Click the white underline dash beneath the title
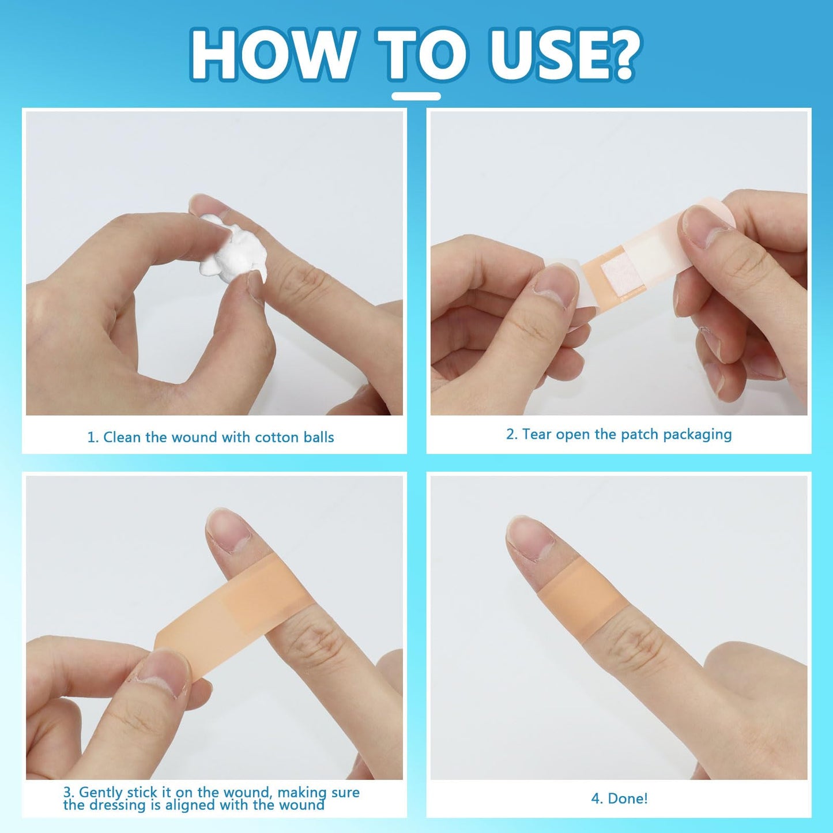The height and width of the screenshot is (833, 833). point(416,96)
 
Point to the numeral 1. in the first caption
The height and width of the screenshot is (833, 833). point(93,437)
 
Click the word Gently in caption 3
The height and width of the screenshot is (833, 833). point(101,793)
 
